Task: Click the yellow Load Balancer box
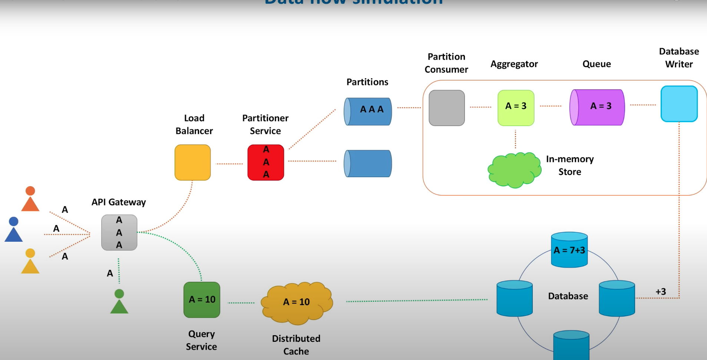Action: tap(192, 162)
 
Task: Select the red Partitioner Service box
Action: tap(265, 162)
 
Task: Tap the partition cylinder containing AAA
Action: tap(368, 111)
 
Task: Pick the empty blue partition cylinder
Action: tap(368, 164)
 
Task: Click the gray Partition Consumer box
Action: tap(446, 108)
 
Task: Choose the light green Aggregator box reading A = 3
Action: tap(516, 108)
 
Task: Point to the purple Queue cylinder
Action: tap(597, 107)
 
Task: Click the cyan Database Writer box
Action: tap(679, 104)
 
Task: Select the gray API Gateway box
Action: tap(119, 232)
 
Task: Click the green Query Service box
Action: tap(202, 300)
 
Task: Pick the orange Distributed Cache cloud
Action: tap(297, 302)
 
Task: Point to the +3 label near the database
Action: tap(661, 292)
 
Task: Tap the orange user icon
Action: tap(30, 199)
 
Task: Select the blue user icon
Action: tap(14, 230)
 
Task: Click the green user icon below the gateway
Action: tap(119, 302)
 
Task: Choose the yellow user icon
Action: tap(30, 261)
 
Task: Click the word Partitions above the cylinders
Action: tap(367, 82)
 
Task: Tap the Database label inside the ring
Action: tap(568, 296)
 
